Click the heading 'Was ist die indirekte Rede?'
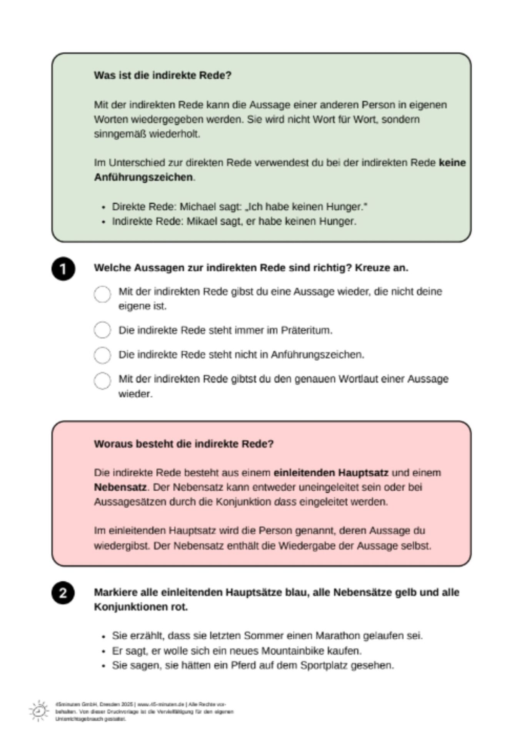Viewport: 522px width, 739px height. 162,75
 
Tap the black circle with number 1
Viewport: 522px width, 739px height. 63,269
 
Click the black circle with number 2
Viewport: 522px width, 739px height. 63,593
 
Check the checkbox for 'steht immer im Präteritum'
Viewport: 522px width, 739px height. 102,330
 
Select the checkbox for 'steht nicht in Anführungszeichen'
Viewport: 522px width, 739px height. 102,354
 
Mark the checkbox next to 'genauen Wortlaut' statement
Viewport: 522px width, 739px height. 102,381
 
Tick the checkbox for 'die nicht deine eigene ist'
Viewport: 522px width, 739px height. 102,294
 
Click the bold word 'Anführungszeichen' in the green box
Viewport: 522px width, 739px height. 143,177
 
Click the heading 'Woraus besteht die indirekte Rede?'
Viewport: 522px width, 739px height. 183,444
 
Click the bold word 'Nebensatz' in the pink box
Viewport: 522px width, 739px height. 120,487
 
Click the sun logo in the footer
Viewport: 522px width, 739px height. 38,711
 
